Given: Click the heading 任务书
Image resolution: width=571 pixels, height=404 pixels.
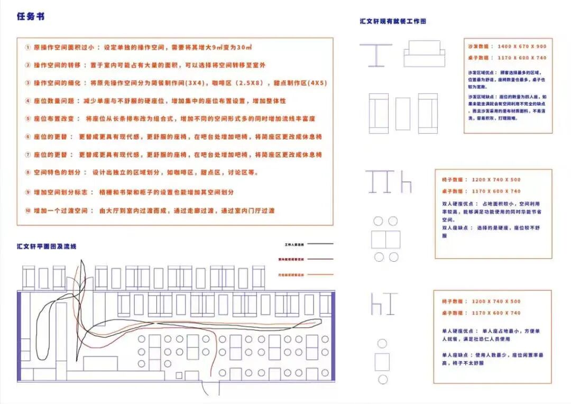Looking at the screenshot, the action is point(31,16).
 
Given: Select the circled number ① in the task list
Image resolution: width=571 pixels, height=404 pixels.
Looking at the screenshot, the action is point(28,47).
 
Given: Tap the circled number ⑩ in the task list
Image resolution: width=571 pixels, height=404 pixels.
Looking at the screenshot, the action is point(28,210).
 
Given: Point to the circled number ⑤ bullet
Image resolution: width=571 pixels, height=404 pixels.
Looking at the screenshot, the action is point(28,119).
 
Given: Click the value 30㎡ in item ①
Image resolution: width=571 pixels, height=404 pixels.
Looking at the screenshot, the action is point(244,47).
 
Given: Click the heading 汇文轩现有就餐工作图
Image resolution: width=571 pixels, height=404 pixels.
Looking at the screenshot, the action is point(393,22).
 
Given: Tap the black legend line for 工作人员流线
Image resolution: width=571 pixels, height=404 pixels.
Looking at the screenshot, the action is point(320,244).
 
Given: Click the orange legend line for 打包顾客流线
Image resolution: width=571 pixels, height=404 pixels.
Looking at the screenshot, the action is point(320,274).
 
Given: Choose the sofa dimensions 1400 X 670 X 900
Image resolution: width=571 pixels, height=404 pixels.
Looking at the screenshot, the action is point(522,47).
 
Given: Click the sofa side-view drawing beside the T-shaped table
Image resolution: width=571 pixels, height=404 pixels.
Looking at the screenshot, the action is point(425,54).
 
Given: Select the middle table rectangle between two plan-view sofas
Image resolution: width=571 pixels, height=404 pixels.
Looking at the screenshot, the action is point(403,113).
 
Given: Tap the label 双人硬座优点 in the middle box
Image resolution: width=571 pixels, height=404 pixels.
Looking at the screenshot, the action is point(459,204).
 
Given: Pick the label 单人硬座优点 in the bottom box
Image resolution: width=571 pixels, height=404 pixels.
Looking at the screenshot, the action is point(459,331).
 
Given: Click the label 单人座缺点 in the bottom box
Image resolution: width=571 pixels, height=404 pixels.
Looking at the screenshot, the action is point(457,354).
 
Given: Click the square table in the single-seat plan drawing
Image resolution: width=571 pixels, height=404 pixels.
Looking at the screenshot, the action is point(382,362).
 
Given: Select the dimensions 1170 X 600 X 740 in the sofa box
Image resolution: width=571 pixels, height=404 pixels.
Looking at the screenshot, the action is point(522,58).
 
